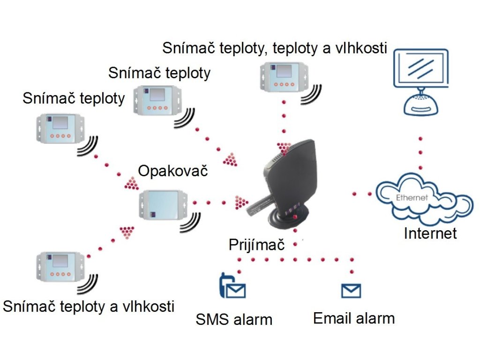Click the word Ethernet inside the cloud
pos(412,197)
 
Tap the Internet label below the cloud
pos(430,233)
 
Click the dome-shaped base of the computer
pos(421,104)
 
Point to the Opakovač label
pos(172,171)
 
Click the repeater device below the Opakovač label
pos(162,205)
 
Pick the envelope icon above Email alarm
pos(351,291)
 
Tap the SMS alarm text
pos(233,320)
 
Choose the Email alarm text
pos(354,318)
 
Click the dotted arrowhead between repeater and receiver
pos(241,202)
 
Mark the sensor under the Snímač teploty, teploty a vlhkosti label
pos(282,74)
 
